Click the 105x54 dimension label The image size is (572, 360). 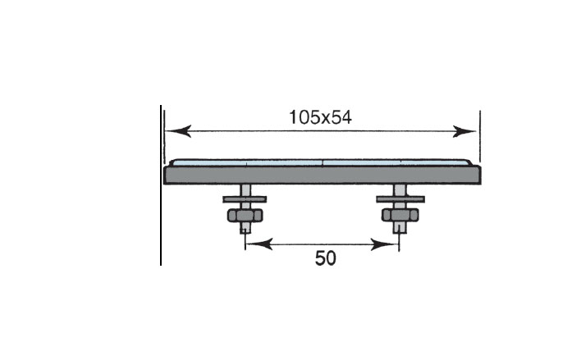pos(320,117)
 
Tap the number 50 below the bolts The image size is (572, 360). pos(326,258)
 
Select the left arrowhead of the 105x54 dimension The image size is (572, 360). pos(178,131)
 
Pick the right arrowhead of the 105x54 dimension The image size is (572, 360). pos(464,131)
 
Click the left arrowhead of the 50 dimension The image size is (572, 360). pos(259,244)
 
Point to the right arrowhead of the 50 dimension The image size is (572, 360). pos(384,244)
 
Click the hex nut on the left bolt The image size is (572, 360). pos(245,216)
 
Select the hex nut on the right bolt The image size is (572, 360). pos(400,215)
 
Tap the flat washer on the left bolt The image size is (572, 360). pos(245,199)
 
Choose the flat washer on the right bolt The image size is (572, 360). pos(400,199)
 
